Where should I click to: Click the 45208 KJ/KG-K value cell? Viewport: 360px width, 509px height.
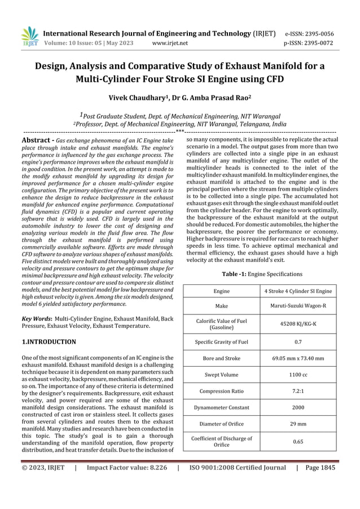298,324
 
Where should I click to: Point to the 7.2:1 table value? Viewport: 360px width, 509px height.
298,390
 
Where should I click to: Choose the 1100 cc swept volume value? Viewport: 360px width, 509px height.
298,374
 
